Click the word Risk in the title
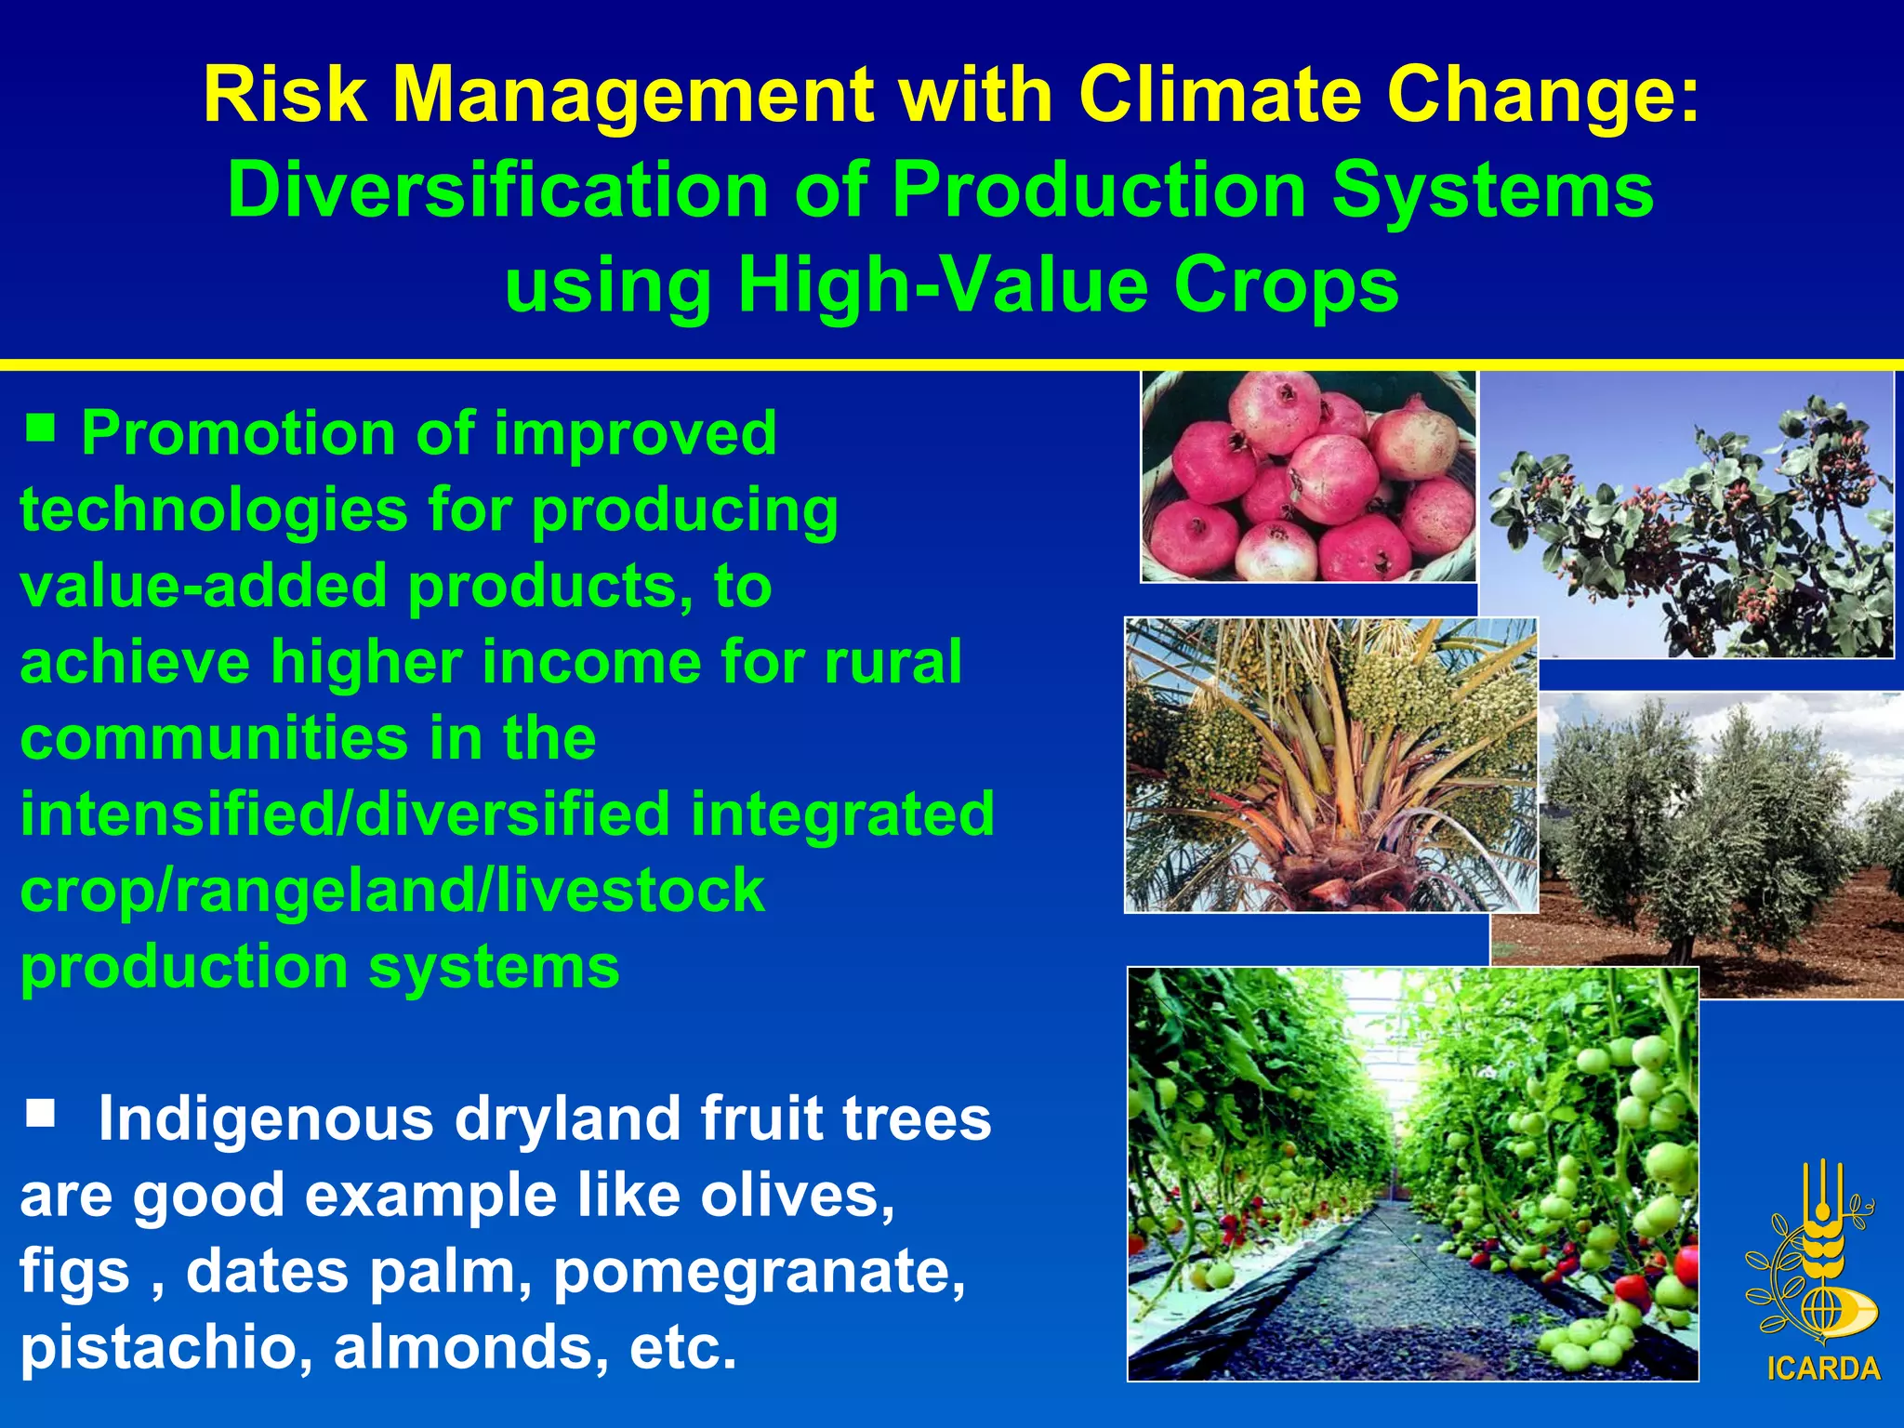284,96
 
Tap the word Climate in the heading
1219,96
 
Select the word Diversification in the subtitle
497,191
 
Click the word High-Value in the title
943,285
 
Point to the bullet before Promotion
41,429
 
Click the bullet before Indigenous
41,1112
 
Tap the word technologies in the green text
212,510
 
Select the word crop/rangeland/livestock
391,890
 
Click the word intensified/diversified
345,813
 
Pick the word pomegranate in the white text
759,1271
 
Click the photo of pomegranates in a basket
1308,476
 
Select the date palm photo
1329,764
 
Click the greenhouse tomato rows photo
1412,1173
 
